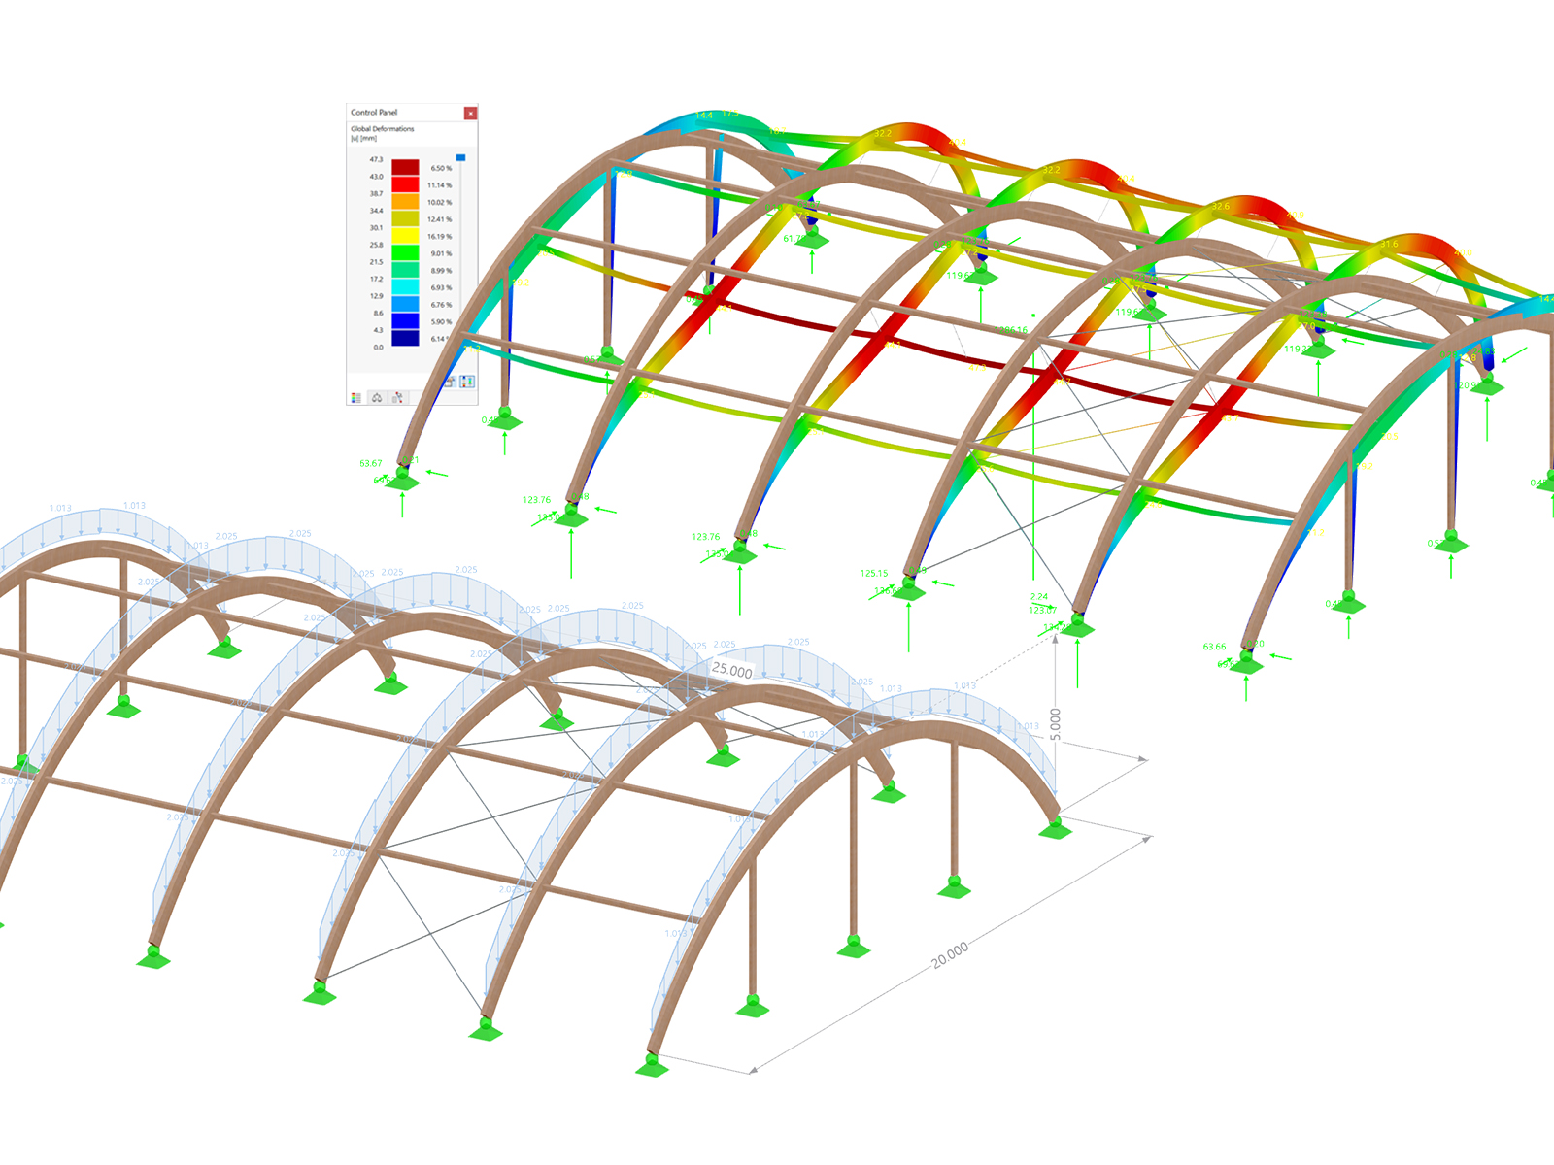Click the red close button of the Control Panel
coord(470,114)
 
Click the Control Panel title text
coord(374,113)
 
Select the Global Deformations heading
coord(382,129)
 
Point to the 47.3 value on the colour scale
coord(376,159)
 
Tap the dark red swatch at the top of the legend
coord(405,168)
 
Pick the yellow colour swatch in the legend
coord(405,236)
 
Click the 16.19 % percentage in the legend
coord(439,237)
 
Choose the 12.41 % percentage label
coord(439,219)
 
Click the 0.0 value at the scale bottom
coord(378,347)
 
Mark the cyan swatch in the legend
coord(405,287)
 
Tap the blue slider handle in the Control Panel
coord(460,157)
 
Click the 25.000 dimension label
coord(731,670)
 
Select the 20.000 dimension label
coord(950,954)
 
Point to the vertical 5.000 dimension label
coord(1056,725)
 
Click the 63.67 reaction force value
coord(371,464)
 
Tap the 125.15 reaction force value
coord(873,574)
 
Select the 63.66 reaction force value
coord(1214,647)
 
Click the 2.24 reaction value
coord(1039,597)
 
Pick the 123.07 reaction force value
coord(1042,610)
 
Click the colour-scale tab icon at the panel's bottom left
coord(356,397)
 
